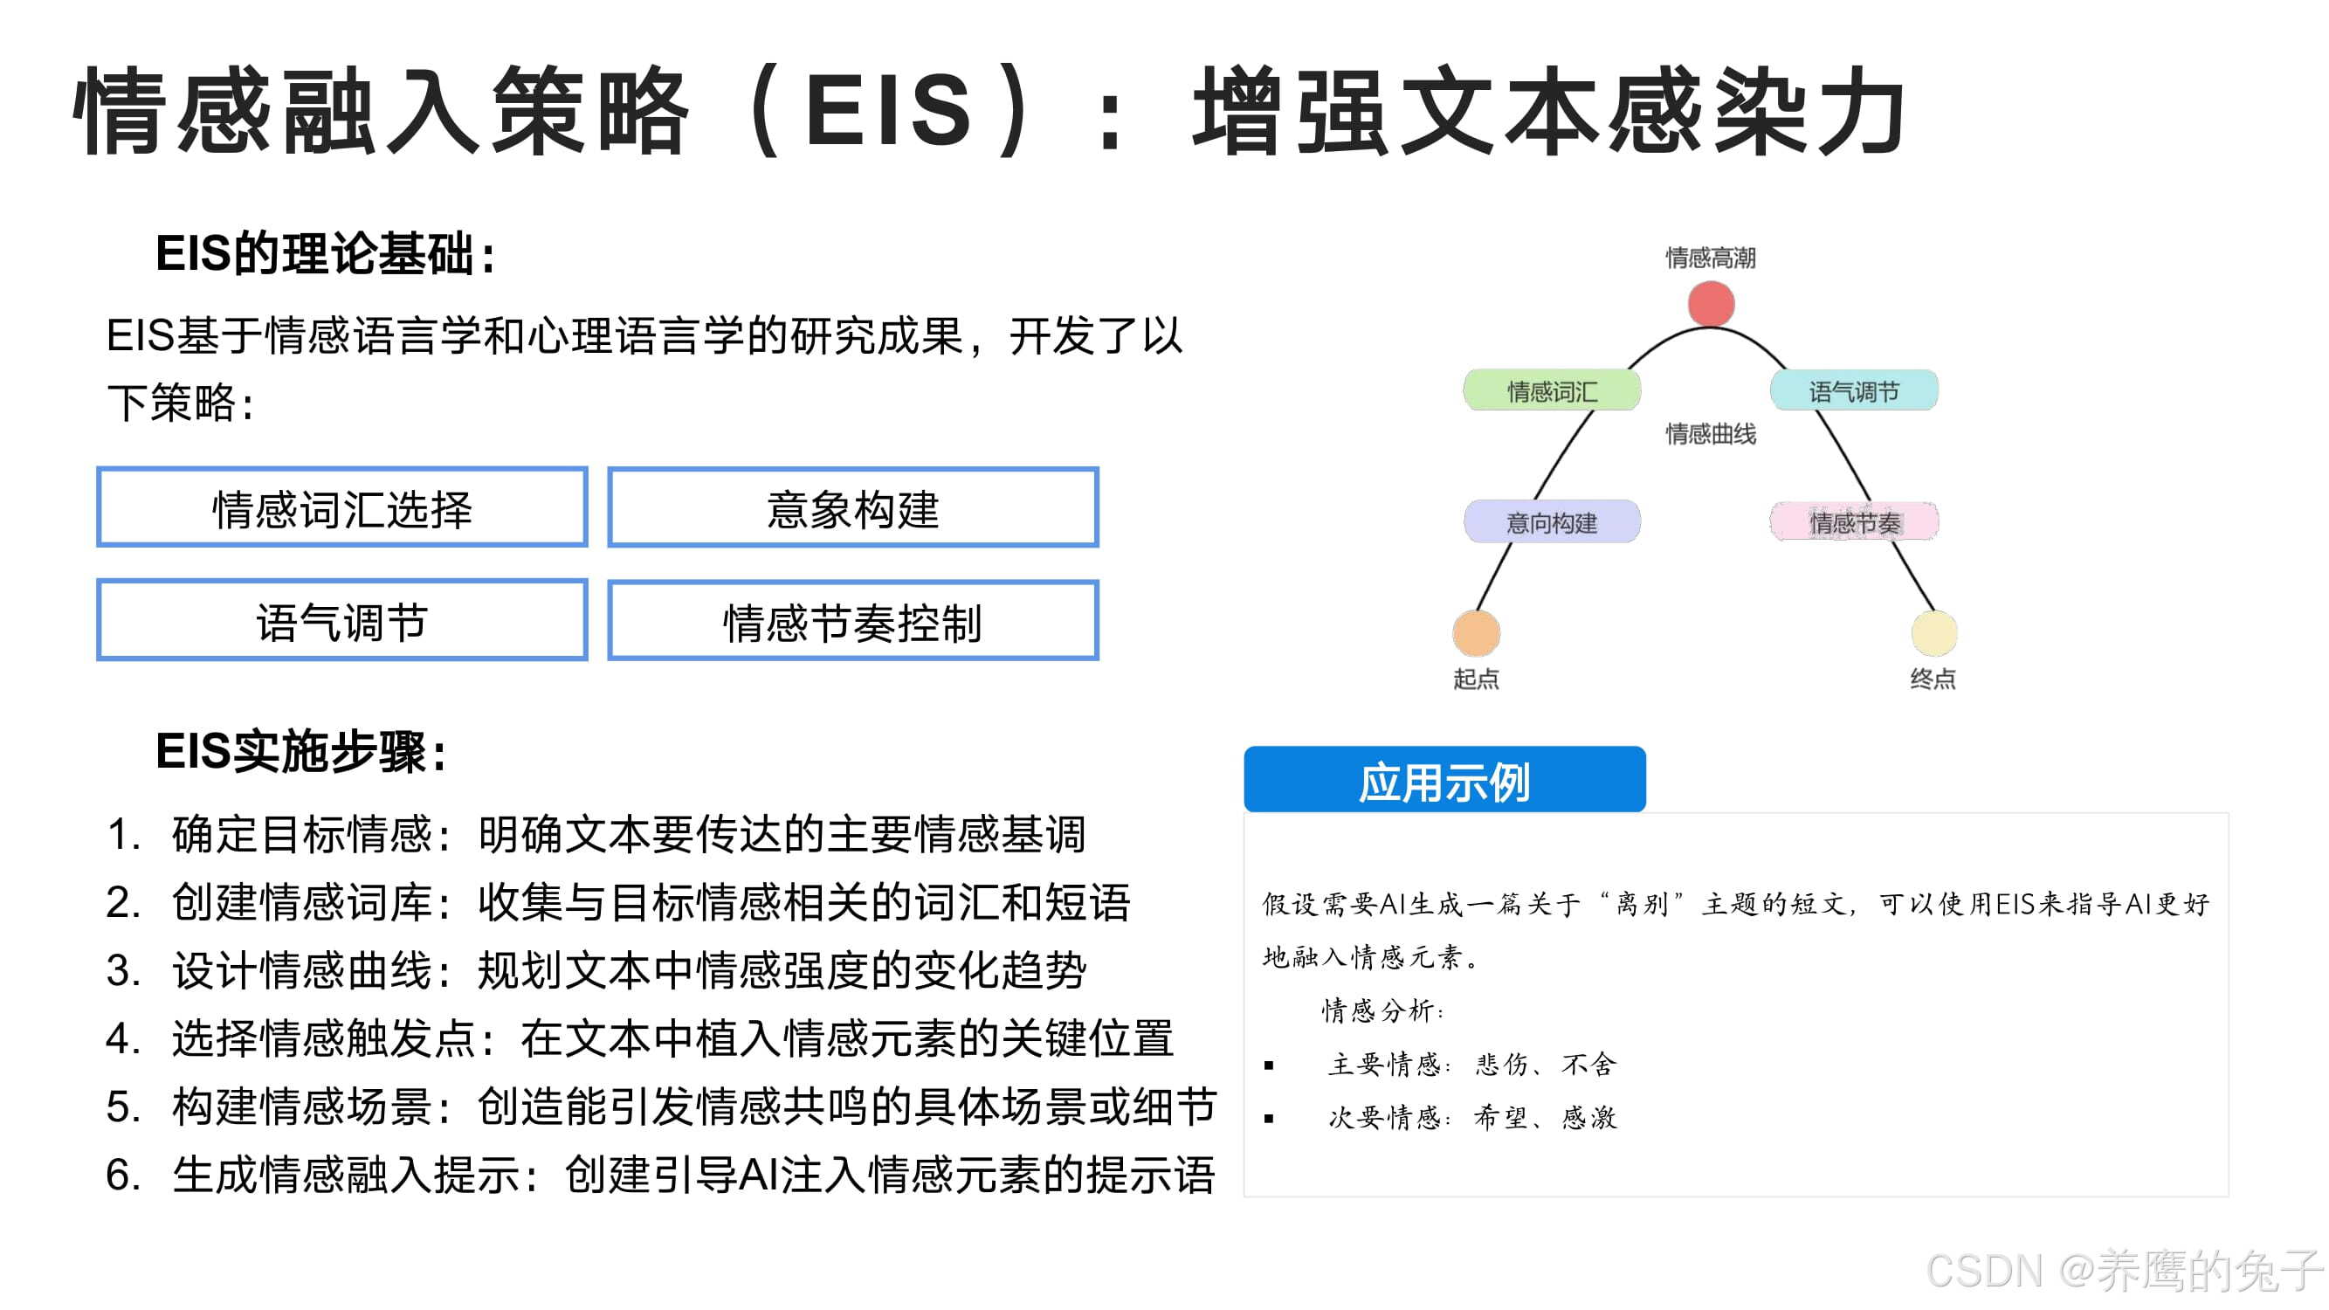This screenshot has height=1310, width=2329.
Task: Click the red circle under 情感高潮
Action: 1711,304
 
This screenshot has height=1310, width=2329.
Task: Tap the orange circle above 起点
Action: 1477,633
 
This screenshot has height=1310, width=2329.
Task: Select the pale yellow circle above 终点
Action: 1934,633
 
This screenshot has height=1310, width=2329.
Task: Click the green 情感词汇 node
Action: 1552,391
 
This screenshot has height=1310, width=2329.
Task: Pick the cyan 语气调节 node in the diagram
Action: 1853,391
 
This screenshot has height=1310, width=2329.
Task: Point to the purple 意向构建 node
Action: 1552,522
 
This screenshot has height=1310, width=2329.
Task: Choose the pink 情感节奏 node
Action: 1853,522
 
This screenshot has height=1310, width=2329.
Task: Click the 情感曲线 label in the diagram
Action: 1711,434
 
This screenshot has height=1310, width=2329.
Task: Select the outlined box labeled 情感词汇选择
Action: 341,508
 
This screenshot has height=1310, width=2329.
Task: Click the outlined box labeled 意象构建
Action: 852,508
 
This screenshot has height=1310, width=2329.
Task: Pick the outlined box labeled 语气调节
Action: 341,621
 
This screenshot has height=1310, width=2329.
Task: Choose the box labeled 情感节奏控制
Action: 852,621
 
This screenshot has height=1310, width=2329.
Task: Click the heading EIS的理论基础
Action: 326,254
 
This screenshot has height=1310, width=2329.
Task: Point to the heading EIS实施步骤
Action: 301,751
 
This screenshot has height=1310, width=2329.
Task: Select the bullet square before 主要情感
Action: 1270,1065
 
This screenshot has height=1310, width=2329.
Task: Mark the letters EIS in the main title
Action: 888,110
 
